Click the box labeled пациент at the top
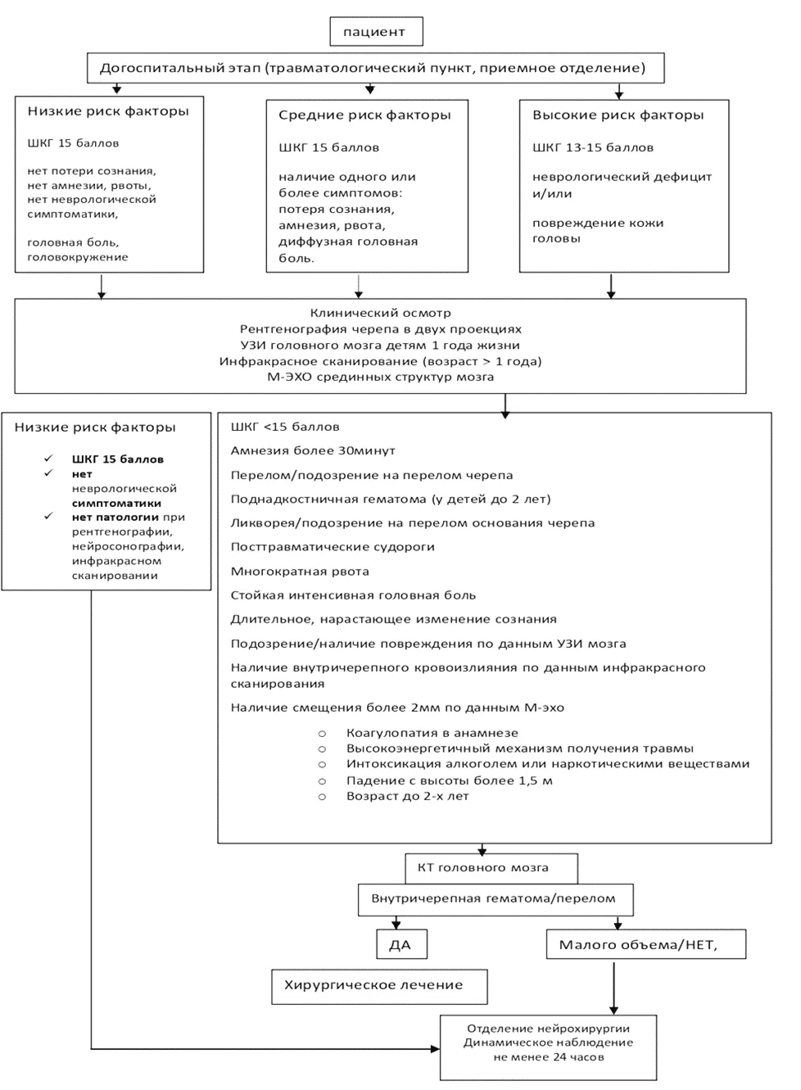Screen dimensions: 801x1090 click(x=376, y=32)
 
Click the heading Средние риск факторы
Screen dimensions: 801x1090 click(x=364, y=115)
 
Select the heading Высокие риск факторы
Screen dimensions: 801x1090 click(x=618, y=115)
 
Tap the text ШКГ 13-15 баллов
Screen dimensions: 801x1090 click(x=593, y=147)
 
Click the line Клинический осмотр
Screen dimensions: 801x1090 click(x=381, y=313)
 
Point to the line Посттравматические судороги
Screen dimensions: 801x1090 click(x=333, y=547)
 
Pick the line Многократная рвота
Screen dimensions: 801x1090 click(x=300, y=572)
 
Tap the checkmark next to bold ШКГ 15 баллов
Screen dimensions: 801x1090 click(x=48, y=458)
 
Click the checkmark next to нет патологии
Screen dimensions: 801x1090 click(x=48, y=516)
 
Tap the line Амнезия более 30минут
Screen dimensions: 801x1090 click(x=313, y=450)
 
